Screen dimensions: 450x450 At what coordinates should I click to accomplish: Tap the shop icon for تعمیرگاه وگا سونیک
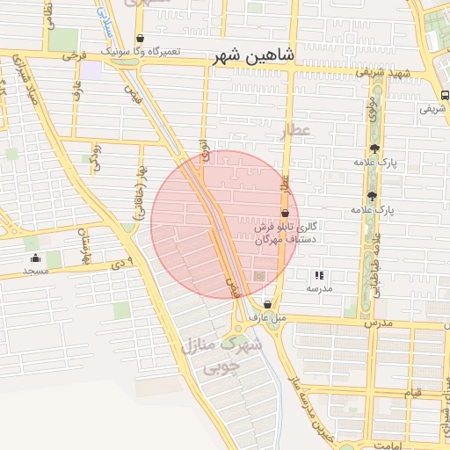click(x=141, y=39)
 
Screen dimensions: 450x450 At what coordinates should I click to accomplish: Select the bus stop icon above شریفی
click(x=444, y=97)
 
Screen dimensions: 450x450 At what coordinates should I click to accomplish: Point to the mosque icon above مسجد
click(x=35, y=258)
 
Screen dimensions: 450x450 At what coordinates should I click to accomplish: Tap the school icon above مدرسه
click(x=318, y=275)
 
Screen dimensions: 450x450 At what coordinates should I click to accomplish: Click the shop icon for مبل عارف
click(x=267, y=304)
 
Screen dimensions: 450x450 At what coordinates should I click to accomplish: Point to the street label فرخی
click(x=70, y=55)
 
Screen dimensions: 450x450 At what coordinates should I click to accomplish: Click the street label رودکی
click(x=97, y=156)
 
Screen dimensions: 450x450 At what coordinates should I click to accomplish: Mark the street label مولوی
click(x=373, y=111)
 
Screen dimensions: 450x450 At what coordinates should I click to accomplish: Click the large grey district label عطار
click(x=295, y=131)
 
